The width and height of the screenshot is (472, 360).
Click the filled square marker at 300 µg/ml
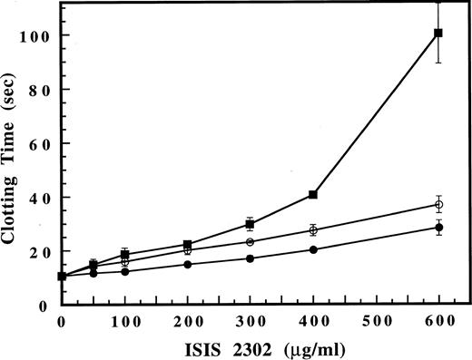[250, 224]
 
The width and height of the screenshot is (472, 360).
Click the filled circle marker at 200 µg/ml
[187, 264]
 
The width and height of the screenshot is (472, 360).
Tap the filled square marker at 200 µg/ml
[187, 245]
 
